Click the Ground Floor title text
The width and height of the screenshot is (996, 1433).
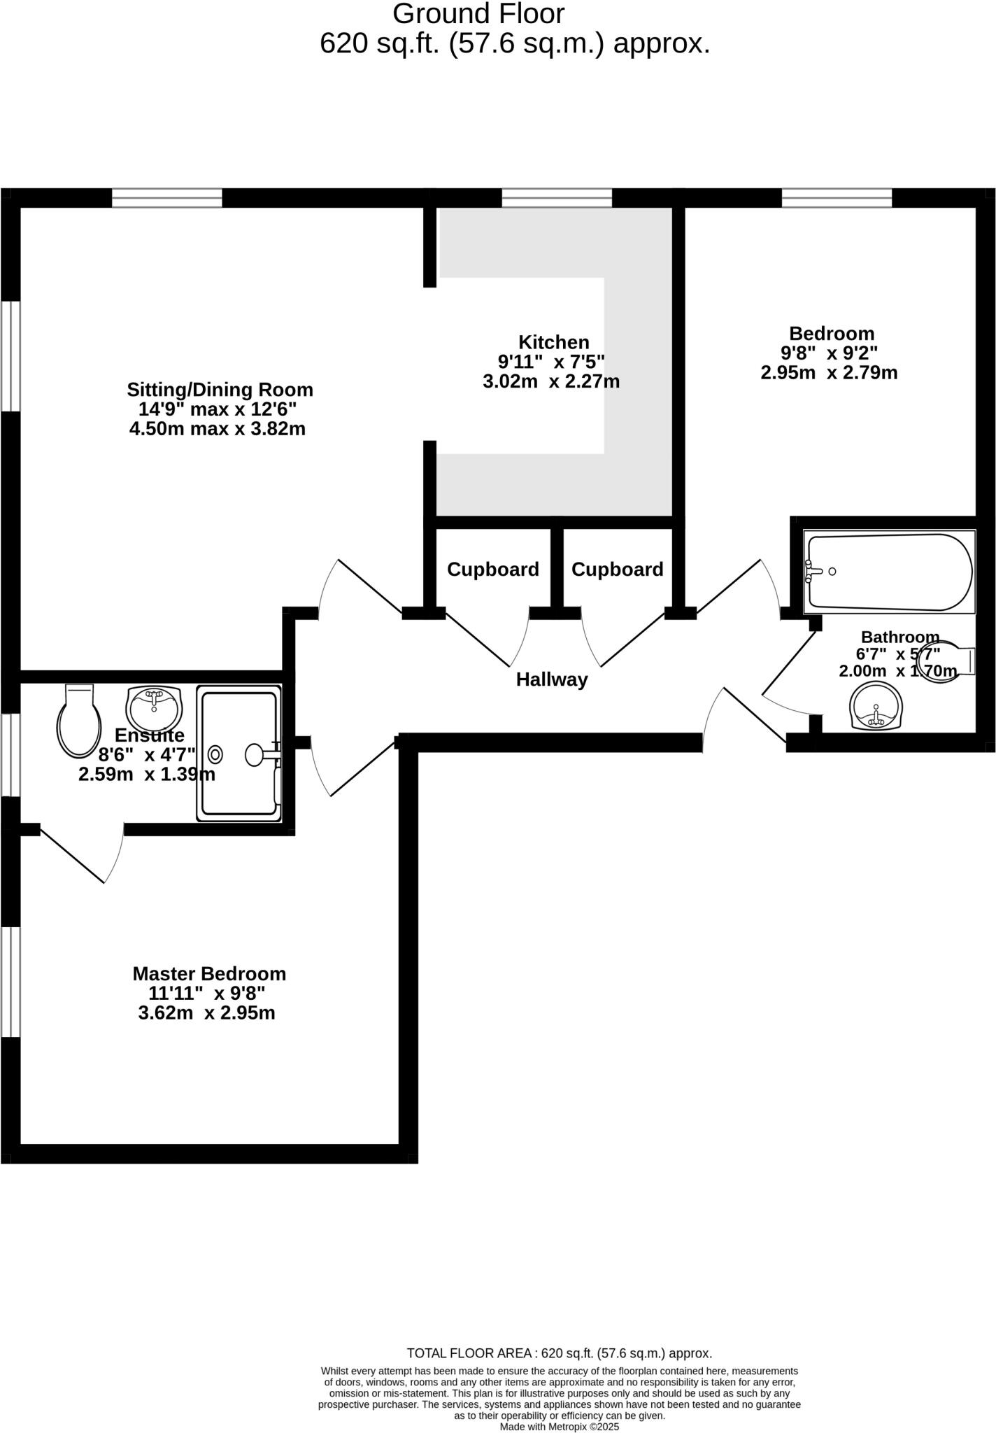[478, 14]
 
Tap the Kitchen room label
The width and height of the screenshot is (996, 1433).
[553, 342]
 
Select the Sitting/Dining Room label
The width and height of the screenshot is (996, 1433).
[220, 389]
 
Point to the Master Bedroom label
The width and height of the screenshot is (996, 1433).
[209, 973]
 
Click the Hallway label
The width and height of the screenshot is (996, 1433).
[552, 679]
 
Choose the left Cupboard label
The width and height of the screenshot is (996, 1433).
[493, 570]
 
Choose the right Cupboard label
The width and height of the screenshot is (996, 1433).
[617, 570]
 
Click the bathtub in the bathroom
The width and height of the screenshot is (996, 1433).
[888, 572]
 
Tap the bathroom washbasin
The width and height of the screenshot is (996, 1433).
[876, 707]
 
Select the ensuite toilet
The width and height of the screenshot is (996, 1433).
[78, 721]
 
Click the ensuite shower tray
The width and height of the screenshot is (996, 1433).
[239, 753]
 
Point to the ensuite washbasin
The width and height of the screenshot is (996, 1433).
[154, 707]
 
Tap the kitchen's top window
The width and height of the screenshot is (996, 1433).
[557, 198]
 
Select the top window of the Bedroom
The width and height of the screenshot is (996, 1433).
[837, 198]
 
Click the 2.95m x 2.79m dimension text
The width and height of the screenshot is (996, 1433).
[829, 372]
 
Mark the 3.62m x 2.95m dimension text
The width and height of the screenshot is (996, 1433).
[206, 1012]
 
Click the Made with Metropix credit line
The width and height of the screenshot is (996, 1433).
[559, 1427]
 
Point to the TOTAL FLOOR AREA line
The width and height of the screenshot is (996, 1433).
[559, 1353]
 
